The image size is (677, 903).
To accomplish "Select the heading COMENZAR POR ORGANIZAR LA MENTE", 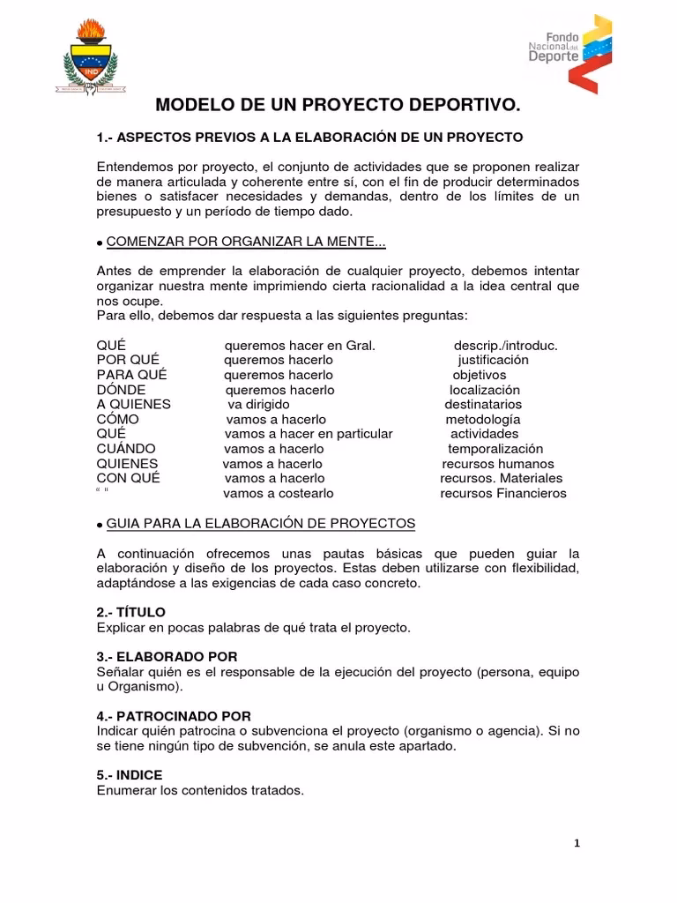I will coord(246,243).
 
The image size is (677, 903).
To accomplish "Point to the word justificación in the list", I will coord(493,360).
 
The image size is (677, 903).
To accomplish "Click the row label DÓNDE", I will coord(121,390).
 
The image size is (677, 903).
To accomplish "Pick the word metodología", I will coord(482,419).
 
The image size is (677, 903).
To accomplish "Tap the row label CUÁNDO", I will coord(125,449).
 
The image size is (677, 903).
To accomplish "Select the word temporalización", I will coord(495,449).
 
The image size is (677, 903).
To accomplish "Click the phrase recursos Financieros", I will coord(503,493).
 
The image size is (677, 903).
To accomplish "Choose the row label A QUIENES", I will coord(133,404).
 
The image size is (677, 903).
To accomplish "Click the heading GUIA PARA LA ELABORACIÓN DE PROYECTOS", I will coord(261,523).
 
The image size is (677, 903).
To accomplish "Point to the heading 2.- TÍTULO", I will coord(130,612).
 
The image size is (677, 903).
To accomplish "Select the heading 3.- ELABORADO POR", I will coord(167,657).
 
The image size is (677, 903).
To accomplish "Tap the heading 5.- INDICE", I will coord(129,775).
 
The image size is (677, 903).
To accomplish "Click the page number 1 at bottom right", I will coord(577,843).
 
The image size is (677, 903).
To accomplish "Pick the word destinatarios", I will coord(483,404).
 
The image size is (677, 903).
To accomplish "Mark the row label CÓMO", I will coord(117,419).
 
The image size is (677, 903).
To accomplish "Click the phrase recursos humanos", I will coord(498,464).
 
